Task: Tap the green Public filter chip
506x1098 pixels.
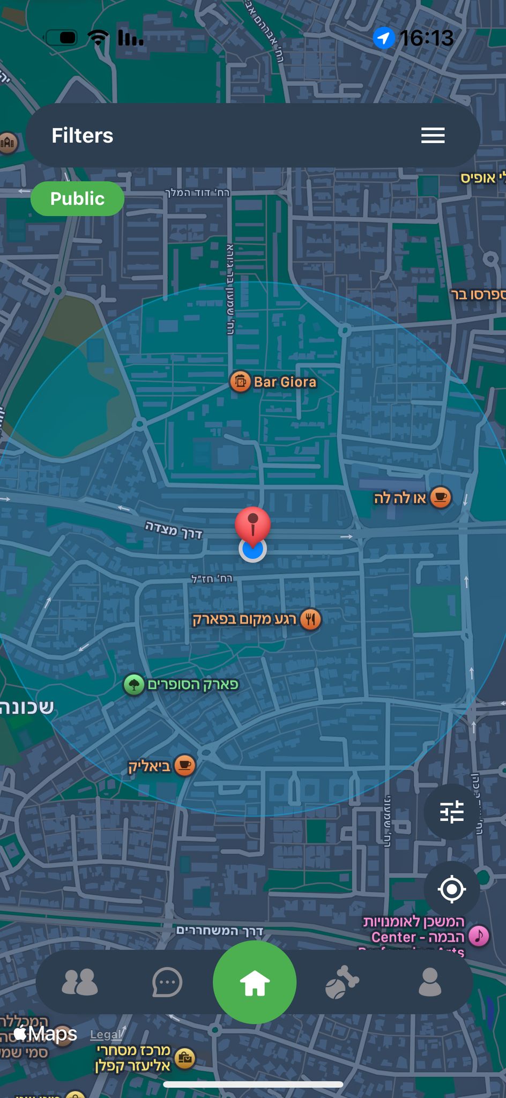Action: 77,199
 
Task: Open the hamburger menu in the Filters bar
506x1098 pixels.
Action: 433,136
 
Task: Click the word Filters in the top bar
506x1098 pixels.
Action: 82,136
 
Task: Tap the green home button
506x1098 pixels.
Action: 255,982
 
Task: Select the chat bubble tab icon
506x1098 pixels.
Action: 167,982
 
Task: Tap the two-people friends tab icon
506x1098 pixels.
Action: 80,982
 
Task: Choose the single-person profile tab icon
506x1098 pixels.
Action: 429,982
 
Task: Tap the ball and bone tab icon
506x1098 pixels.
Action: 342,982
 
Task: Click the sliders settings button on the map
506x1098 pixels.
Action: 451,812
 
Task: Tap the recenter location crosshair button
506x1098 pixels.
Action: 451,889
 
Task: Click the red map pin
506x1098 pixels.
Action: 252,523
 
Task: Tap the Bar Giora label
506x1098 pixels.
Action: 285,382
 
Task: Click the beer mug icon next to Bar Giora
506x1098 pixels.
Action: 240,382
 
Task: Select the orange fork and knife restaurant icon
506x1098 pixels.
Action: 310,619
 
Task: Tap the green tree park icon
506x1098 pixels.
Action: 134,685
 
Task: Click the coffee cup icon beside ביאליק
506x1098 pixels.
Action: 184,765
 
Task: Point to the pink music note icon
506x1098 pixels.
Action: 479,936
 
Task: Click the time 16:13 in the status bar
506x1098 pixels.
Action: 427,38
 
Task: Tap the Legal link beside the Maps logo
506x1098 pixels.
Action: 106,1035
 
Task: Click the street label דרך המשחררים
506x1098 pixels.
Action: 220,931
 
